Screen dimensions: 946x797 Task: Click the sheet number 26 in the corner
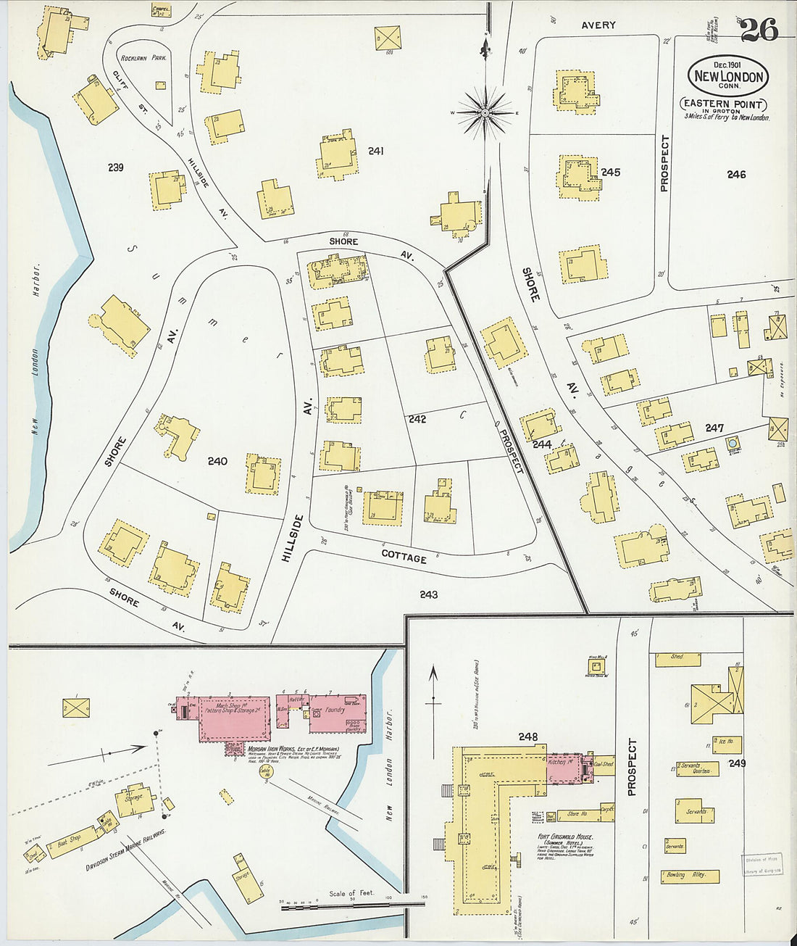759,30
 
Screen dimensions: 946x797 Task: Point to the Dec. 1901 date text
728,65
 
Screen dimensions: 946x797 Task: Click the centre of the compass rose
485,112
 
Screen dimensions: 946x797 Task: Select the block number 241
375,152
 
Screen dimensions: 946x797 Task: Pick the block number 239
115,167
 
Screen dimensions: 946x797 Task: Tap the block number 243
428,594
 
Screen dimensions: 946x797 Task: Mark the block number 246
736,174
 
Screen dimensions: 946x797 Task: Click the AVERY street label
598,25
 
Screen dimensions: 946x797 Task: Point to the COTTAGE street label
404,557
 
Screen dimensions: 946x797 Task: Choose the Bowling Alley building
690,876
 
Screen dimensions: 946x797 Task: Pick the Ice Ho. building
726,742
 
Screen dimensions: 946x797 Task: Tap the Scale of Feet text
351,893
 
